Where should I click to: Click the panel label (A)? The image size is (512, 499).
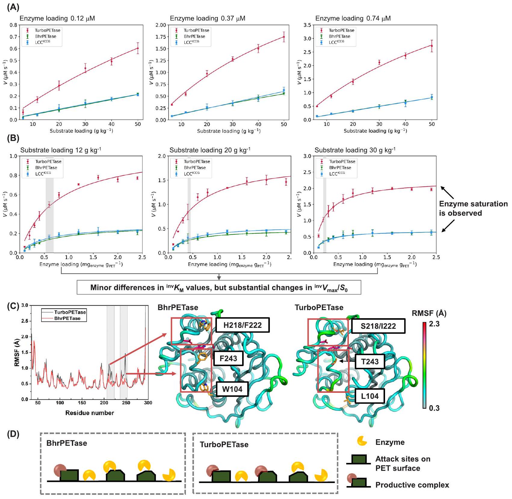13,8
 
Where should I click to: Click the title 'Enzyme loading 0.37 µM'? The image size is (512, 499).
208,18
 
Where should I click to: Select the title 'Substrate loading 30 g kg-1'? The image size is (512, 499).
355,150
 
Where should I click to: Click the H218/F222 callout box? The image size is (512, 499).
242,325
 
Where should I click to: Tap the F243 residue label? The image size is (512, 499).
228,358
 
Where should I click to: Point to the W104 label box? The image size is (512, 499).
232,389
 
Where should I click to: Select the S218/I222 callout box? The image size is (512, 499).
378,326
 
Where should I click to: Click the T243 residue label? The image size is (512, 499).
370,362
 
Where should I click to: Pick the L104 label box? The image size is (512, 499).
370,396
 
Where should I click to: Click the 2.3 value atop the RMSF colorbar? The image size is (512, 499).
434,324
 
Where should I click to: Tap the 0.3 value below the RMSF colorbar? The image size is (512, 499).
434,408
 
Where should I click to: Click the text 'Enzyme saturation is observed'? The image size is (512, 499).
473,208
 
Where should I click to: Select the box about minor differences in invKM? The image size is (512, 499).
219,288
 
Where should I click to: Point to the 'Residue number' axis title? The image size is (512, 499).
90,413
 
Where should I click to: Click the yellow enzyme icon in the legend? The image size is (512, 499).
362,441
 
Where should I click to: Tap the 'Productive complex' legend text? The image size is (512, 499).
412,485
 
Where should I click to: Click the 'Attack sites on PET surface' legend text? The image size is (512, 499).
403,464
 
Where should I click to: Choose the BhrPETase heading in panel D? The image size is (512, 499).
67,443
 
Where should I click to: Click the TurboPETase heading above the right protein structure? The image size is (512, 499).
319,307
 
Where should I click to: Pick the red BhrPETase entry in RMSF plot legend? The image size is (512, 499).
67,318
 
